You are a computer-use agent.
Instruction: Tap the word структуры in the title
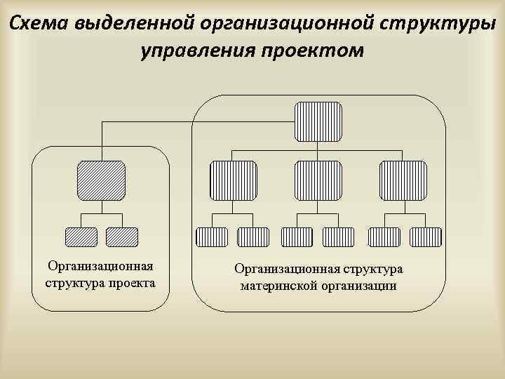point(433,23)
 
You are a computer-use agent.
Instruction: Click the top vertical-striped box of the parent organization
point(318,121)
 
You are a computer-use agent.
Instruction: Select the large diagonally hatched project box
point(101,181)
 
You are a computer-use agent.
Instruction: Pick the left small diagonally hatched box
point(81,237)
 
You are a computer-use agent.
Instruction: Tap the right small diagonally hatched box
point(122,237)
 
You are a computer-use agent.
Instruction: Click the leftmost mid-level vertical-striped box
point(234,181)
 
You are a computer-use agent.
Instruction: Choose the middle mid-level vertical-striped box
point(318,181)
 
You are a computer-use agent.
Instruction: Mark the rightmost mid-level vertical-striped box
point(403,181)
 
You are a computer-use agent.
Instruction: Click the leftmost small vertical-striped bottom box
point(212,237)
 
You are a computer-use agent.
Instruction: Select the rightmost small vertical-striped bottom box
point(426,237)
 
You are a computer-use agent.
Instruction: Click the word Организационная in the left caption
point(100,266)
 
